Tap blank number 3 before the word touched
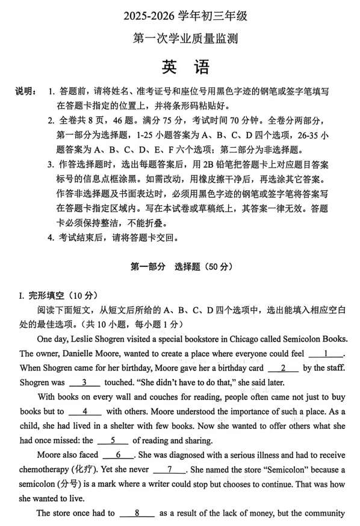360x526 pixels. coord(84,382)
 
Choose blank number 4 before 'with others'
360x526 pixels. coord(84,411)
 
